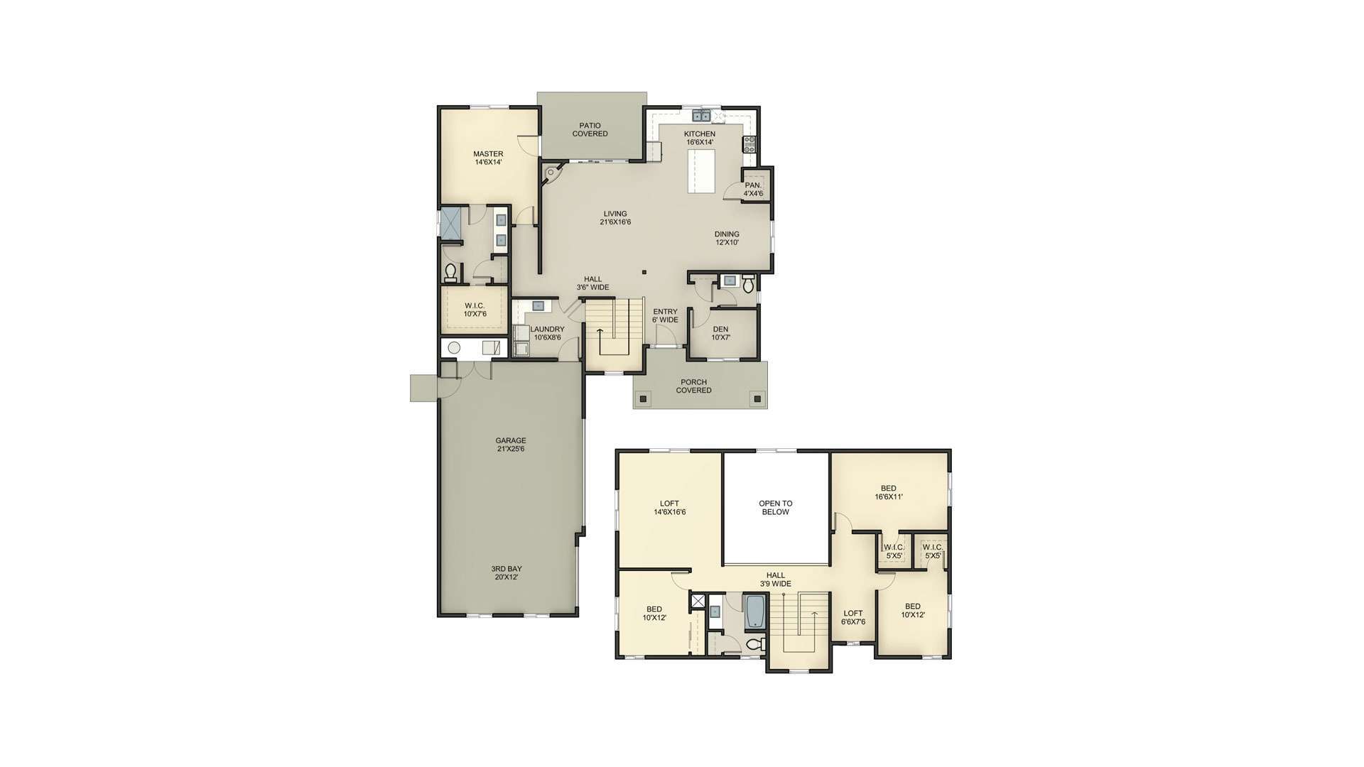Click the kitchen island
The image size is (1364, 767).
700,170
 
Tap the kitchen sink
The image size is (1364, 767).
700,116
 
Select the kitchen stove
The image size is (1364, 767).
748,144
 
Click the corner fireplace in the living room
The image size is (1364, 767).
551,173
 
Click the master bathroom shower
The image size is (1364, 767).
451,224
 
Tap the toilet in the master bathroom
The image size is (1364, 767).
450,272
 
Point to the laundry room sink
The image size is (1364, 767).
538,306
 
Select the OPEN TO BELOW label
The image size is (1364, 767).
775,507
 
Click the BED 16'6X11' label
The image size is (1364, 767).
888,492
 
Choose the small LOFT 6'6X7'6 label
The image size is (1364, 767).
852,618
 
